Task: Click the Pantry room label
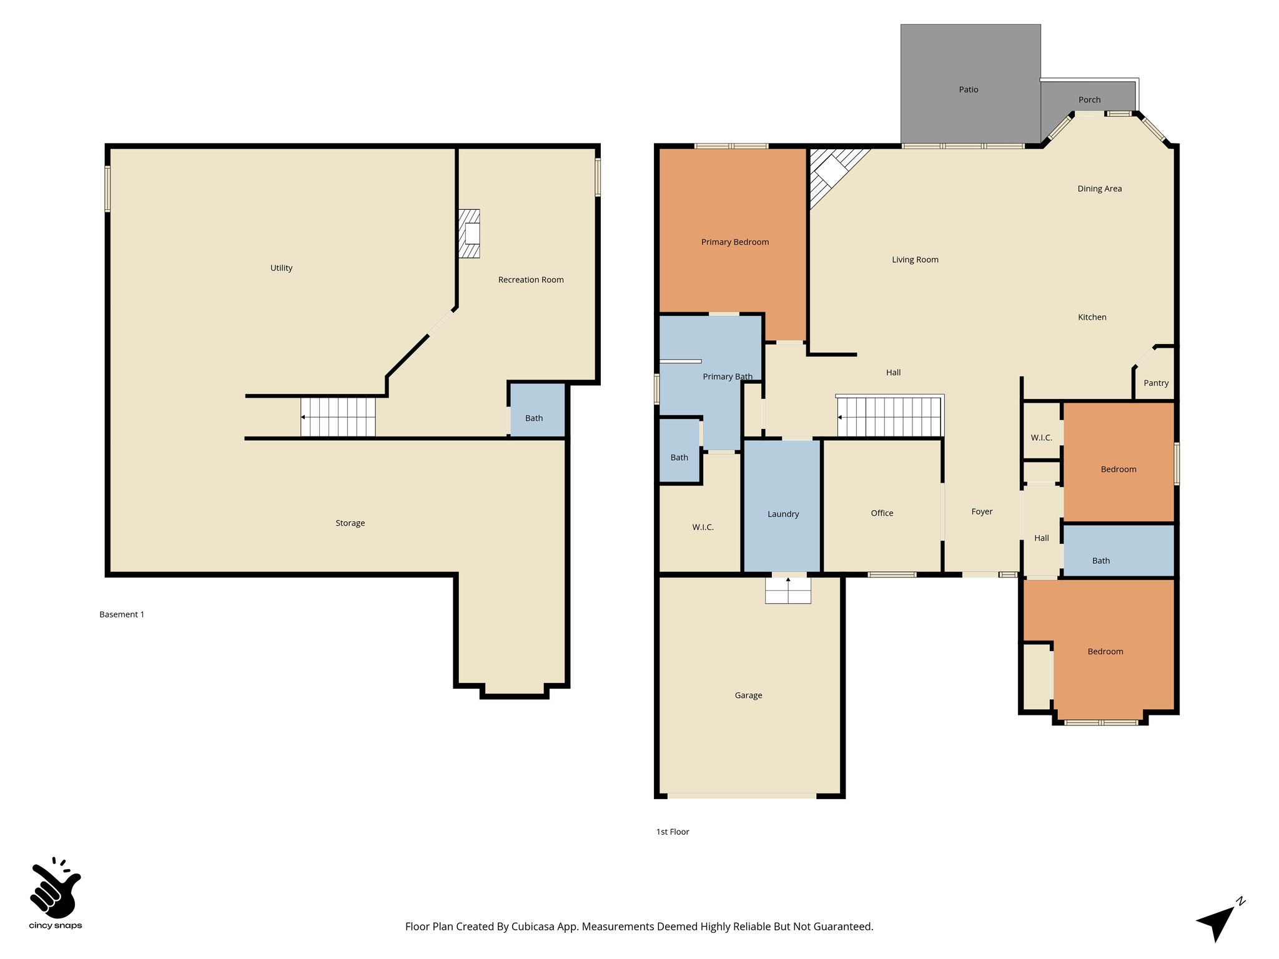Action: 1155,383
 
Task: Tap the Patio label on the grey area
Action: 968,89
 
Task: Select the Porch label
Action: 1089,99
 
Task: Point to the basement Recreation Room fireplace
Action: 470,234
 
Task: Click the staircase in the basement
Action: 338,416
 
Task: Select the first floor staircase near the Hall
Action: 889,416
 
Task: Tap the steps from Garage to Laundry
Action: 788,590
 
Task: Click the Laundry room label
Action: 783,514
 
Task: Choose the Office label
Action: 882,513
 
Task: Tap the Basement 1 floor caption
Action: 122,614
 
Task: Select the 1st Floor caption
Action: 673,832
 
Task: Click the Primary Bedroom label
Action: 734,242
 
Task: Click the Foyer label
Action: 982,511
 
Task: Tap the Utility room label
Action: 281,268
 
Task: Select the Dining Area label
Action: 1099,189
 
